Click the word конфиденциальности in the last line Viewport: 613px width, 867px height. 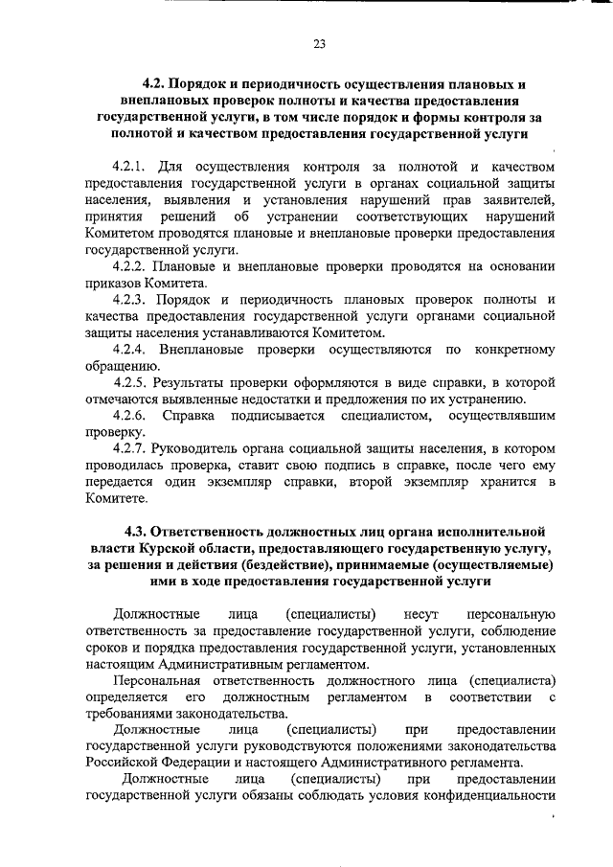(x=492, y=797)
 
